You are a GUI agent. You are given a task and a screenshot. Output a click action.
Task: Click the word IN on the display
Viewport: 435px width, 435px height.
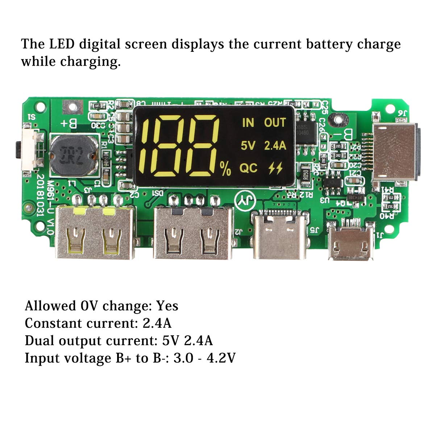click(x=248, y=123)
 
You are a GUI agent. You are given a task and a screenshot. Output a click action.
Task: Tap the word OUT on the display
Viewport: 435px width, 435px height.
click(x=275, y=123)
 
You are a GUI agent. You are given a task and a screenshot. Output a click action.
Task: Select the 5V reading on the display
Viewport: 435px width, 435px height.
click(x=248, y=146)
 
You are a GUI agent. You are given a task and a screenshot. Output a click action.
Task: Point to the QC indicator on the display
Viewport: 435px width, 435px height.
click(x=248, y=168)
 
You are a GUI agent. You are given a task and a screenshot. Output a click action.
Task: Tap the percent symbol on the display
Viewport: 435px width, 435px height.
click(x=225, y=169)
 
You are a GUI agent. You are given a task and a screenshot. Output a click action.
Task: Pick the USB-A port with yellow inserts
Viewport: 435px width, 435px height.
click(x=94, y=232)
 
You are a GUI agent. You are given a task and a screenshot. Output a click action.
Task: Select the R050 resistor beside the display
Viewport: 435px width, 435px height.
click(x=305, y=175)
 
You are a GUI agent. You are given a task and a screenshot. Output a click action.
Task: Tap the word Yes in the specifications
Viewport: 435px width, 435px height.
click(x=167, y=306)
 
